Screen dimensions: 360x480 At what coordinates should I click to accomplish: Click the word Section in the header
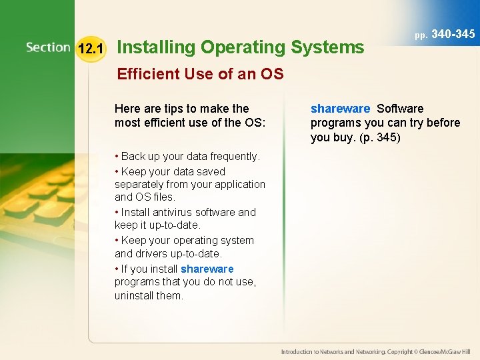click(x=48, y=47)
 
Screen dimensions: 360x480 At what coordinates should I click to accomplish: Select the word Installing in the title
click(x=156, y=47)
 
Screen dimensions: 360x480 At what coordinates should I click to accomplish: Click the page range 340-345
click(x=453, y=33)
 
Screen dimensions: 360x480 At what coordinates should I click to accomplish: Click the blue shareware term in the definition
click(x=340, y=109)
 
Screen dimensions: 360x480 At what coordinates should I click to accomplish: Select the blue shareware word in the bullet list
click(x=207, y=269)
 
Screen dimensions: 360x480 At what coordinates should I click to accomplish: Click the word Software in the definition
click(x=400, y=109)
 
